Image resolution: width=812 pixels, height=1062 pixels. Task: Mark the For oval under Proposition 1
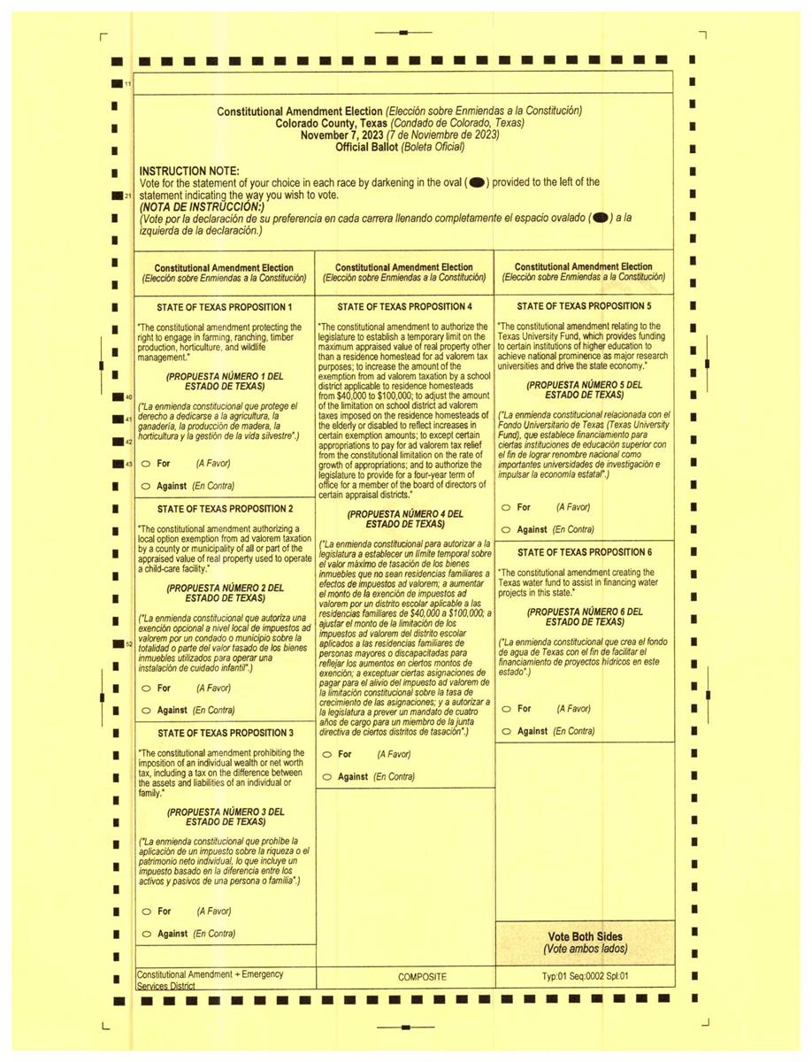pos(145,463)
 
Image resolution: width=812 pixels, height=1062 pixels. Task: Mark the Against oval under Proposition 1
pos(145,486)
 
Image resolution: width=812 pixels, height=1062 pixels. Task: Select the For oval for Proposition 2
pos(145,688)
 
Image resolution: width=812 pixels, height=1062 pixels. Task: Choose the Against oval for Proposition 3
pos(145,934)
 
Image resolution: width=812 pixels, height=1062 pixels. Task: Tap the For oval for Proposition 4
pos(326,754)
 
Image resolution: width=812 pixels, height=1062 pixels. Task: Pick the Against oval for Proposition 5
pos(505,529)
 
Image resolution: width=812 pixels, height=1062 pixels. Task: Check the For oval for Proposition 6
pos(505,708)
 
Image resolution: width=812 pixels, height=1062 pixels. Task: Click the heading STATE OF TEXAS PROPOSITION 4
pos(404,306)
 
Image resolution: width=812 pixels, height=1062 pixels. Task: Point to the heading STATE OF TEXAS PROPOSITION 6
pos(584,551)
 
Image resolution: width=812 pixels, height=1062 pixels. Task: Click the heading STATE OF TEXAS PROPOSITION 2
pos(225,509)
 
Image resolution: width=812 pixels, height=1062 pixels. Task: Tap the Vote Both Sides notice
pos(584,943)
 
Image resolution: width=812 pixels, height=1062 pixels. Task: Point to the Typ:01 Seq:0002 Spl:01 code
pos(584,977)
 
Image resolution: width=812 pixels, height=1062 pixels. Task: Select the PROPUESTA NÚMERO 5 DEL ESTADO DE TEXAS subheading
pos(584,390)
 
